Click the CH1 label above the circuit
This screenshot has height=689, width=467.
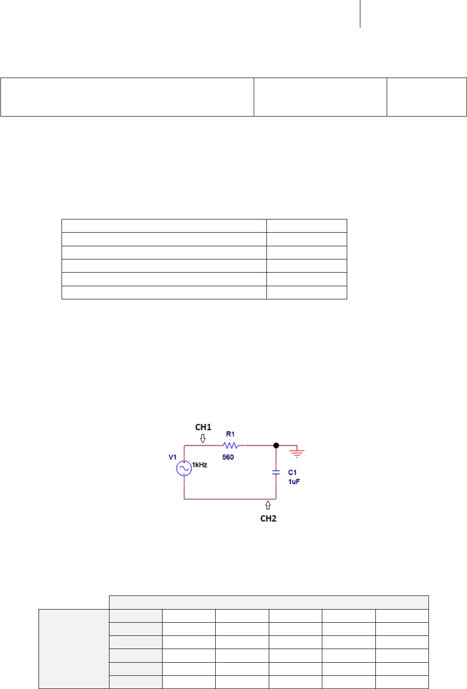tap(203, 427)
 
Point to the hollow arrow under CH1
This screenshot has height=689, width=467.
tap(202, 438)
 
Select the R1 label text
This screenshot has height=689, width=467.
tap(230, 434)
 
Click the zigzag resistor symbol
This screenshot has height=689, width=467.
tap(230, 445)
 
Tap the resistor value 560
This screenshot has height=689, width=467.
tap(228, 457)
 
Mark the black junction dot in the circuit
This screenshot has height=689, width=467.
tap(276, 445)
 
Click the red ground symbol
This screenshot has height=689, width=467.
tap(296, 454)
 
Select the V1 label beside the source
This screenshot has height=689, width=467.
tap(172, 457)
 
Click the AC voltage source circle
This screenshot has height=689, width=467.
tap(184, 468)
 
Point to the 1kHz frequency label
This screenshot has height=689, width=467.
tap(200, 465)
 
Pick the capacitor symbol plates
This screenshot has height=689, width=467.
tap(276, 472)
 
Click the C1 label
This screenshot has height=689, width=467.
tap(292, 472)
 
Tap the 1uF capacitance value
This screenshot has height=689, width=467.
tap(294, 482)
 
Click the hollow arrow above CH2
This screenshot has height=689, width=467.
tap(268, 505)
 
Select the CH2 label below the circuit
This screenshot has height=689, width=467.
tap(268, 518)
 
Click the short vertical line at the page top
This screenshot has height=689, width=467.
tap(360, 14)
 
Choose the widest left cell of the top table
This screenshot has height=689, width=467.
tap(127, 97)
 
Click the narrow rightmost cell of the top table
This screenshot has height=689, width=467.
tap(427, 97)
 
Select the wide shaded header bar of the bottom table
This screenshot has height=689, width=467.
tap(269, 602)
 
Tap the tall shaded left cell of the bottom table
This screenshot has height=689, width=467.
tap(74, 649)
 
